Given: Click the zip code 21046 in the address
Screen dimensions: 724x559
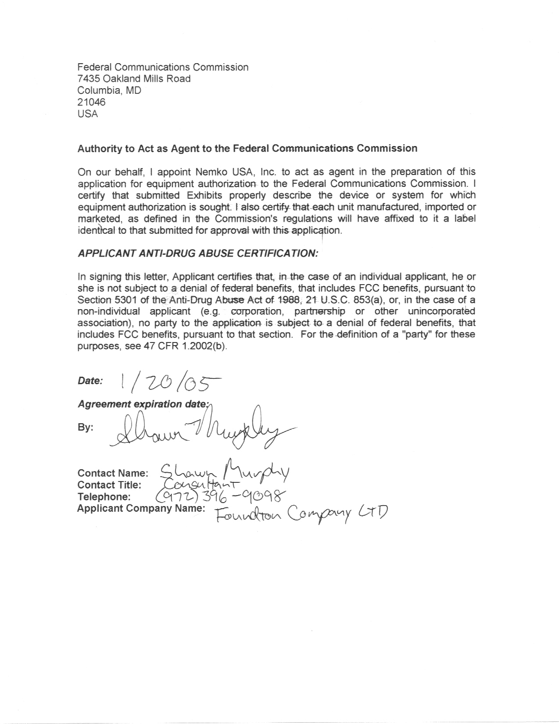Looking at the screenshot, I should [x=91, y=102].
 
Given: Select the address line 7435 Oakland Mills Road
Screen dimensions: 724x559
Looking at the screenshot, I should [x=134, y=78].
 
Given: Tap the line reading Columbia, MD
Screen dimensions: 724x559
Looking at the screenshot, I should [x=109, y=90].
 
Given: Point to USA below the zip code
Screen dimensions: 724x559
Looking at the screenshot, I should [x=87, y=114].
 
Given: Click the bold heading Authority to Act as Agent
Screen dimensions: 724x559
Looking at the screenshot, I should [x=247, y=148].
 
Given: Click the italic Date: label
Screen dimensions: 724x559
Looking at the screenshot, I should [x=90, y=381].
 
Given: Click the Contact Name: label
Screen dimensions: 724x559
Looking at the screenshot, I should [x=113, y=473].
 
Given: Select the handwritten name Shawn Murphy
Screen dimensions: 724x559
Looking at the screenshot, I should [x=224, y=471].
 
